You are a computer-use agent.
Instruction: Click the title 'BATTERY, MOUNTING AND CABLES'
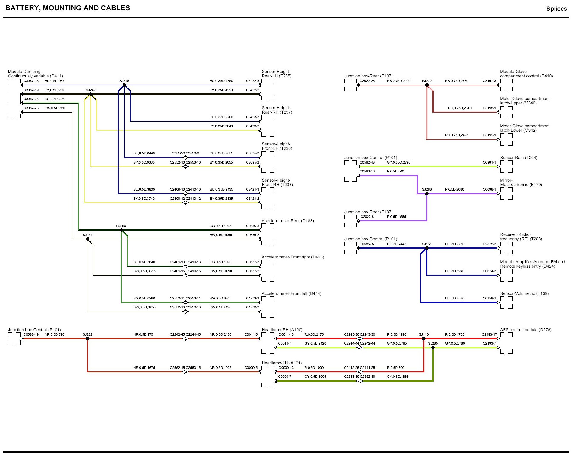(x=68, y=8)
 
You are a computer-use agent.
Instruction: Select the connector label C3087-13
(x=31, y=81)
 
